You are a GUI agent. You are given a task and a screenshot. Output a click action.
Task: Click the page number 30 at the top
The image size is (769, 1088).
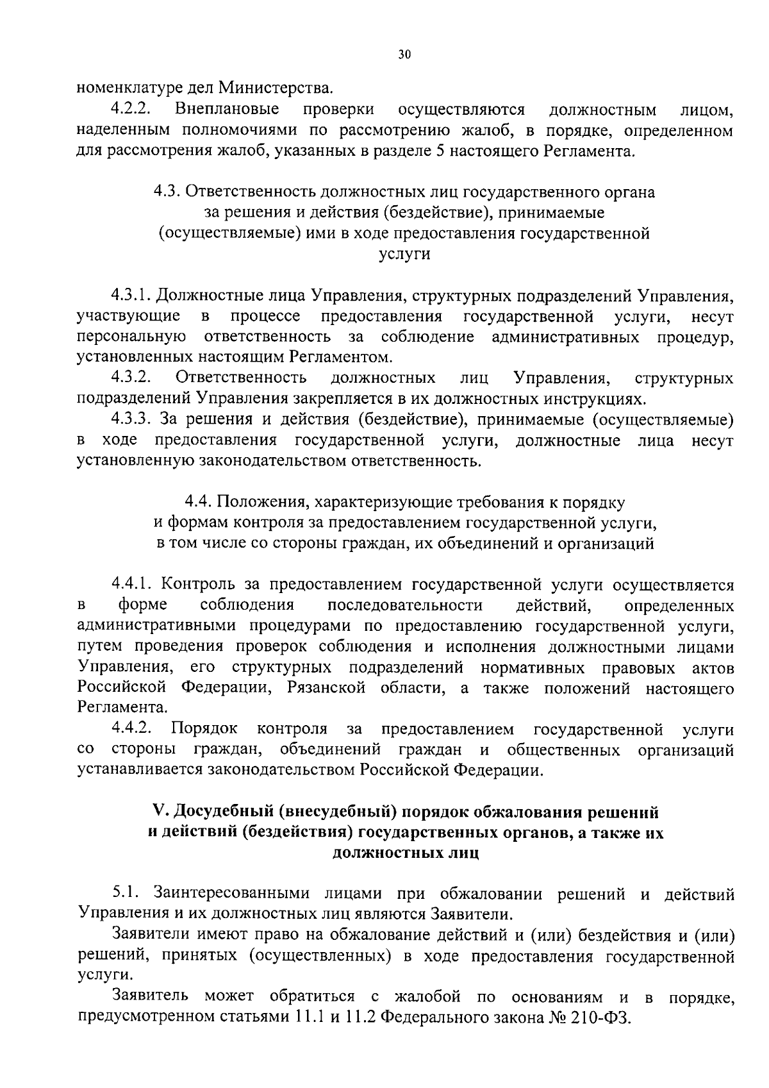click(404, 55)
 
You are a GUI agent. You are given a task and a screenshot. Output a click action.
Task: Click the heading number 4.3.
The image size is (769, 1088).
click(169, 192)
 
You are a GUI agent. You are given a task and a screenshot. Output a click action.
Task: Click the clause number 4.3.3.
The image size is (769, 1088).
click(131, 420)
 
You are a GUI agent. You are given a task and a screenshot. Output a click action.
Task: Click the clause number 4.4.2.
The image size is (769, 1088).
click(131, 729)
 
